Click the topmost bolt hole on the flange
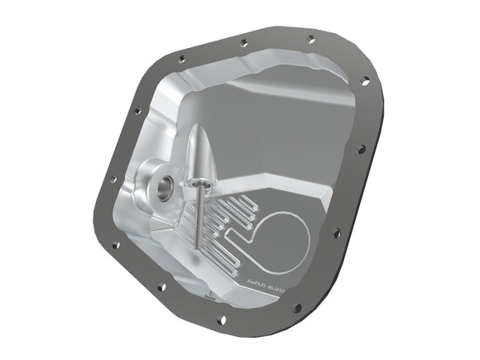[x=310, y=38]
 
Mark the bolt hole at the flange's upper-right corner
[x=365, y=80]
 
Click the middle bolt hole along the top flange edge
[x=243, y=43]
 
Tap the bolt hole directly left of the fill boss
[x=113, y=178]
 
